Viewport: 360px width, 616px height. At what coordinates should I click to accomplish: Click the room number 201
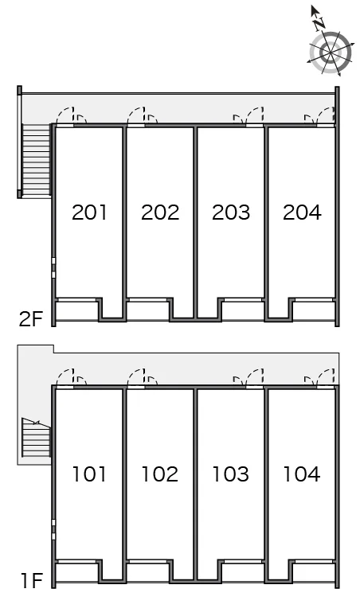(x=90, y=212)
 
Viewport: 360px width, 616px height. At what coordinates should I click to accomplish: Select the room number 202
(x=160, y=212)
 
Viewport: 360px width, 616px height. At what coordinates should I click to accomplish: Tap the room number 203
(x=231, y=212)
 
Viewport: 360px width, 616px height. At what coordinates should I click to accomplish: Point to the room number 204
(x=302, y=212)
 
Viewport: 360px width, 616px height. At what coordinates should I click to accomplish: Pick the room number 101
(x=90, y=474)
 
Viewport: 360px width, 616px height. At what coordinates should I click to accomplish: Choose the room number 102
(x=160, y=474)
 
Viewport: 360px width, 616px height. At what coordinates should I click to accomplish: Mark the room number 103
(x=231, y=474)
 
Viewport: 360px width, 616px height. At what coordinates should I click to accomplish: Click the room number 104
(x=302, y=474)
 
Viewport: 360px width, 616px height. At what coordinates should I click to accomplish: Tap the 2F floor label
(x=30, y=318)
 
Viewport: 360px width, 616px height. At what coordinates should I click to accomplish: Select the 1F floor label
(x=31, y=580)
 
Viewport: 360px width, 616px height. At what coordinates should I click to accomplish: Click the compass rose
(x=330, y=53)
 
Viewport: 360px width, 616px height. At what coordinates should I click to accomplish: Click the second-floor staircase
(x=36, y=160)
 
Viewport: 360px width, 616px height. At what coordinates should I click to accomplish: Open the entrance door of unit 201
(x=65, y=115)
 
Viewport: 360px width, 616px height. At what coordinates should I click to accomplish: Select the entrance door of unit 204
(x=327, y=115)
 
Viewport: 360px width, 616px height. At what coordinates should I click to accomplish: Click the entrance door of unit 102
(x=136, y=377)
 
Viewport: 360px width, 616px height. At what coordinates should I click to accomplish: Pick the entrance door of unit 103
(x=255, y=377)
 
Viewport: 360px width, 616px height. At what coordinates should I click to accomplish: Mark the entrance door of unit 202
(x=136, y=115)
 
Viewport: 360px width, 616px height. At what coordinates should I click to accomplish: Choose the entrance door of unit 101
(x=65, y=377)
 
